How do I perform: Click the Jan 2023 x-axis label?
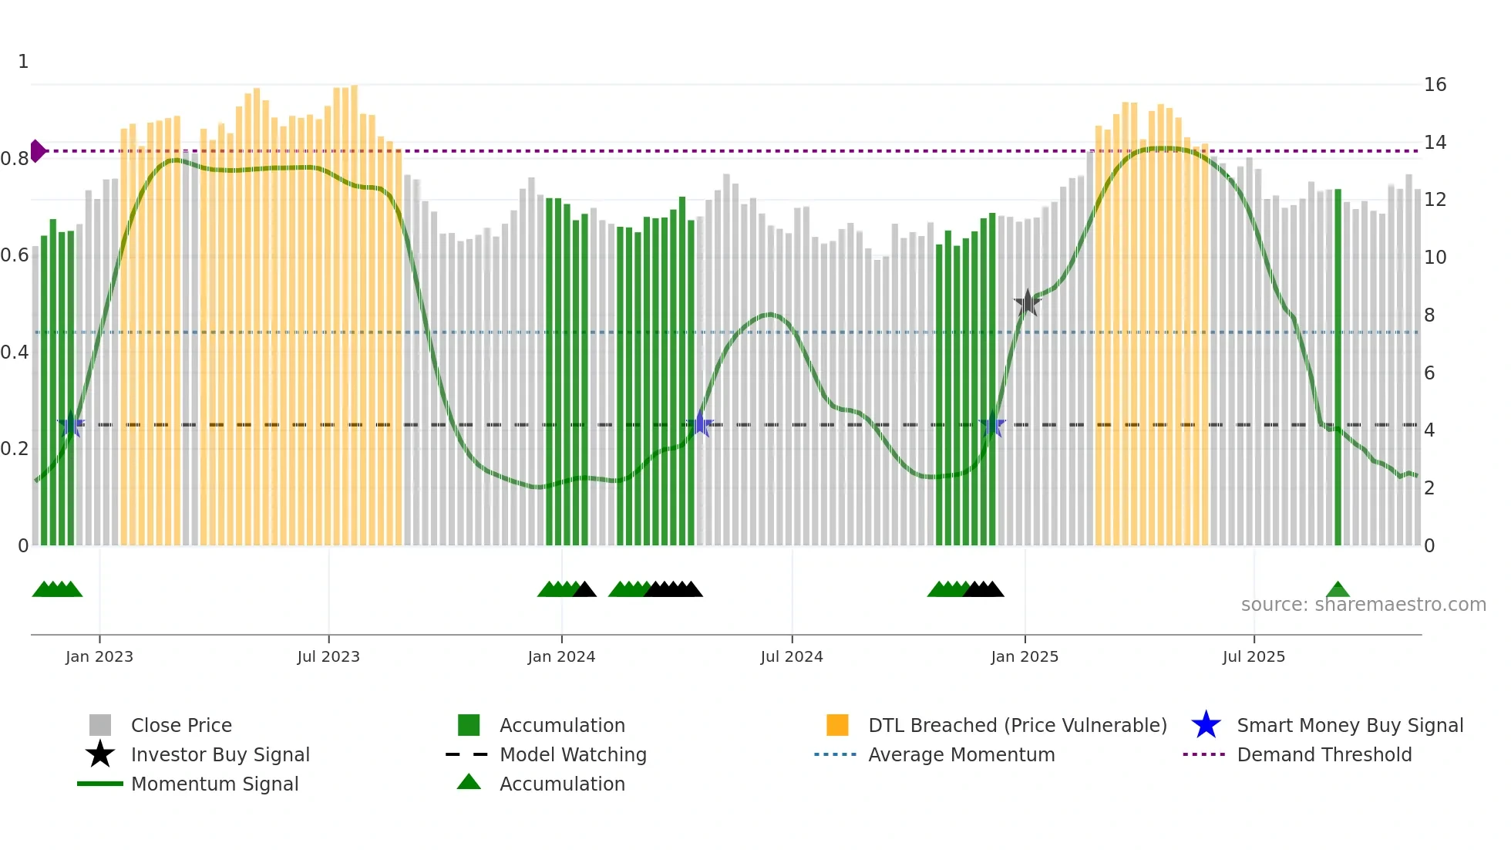(x=99, y=656)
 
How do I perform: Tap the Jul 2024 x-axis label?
(x=792, y=656)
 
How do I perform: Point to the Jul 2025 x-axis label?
(x=1254, y=656)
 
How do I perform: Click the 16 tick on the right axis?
(x=1435, y=85)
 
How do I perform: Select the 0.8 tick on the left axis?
(x=15, y=159)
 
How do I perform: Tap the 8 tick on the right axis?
(x=1429, y=315)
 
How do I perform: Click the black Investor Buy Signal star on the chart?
(x=1027, y=303)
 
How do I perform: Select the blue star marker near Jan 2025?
(x=992, y=425)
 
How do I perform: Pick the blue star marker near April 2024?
(x=700, y=424)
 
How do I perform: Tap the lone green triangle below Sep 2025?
(x=1338, y=590)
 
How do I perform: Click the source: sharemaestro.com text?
(x=1363, y=605)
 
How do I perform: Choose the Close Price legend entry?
(x=181, y=725)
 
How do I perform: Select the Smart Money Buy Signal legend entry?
(x=1349, y=725)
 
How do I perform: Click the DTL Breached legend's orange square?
(x=837, y=725)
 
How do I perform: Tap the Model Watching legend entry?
(x=572, y=754)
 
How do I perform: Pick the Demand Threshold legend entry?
(x=1324, y=754)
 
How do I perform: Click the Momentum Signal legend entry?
(x=214, y=784)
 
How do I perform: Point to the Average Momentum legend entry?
(x=961, y=754)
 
